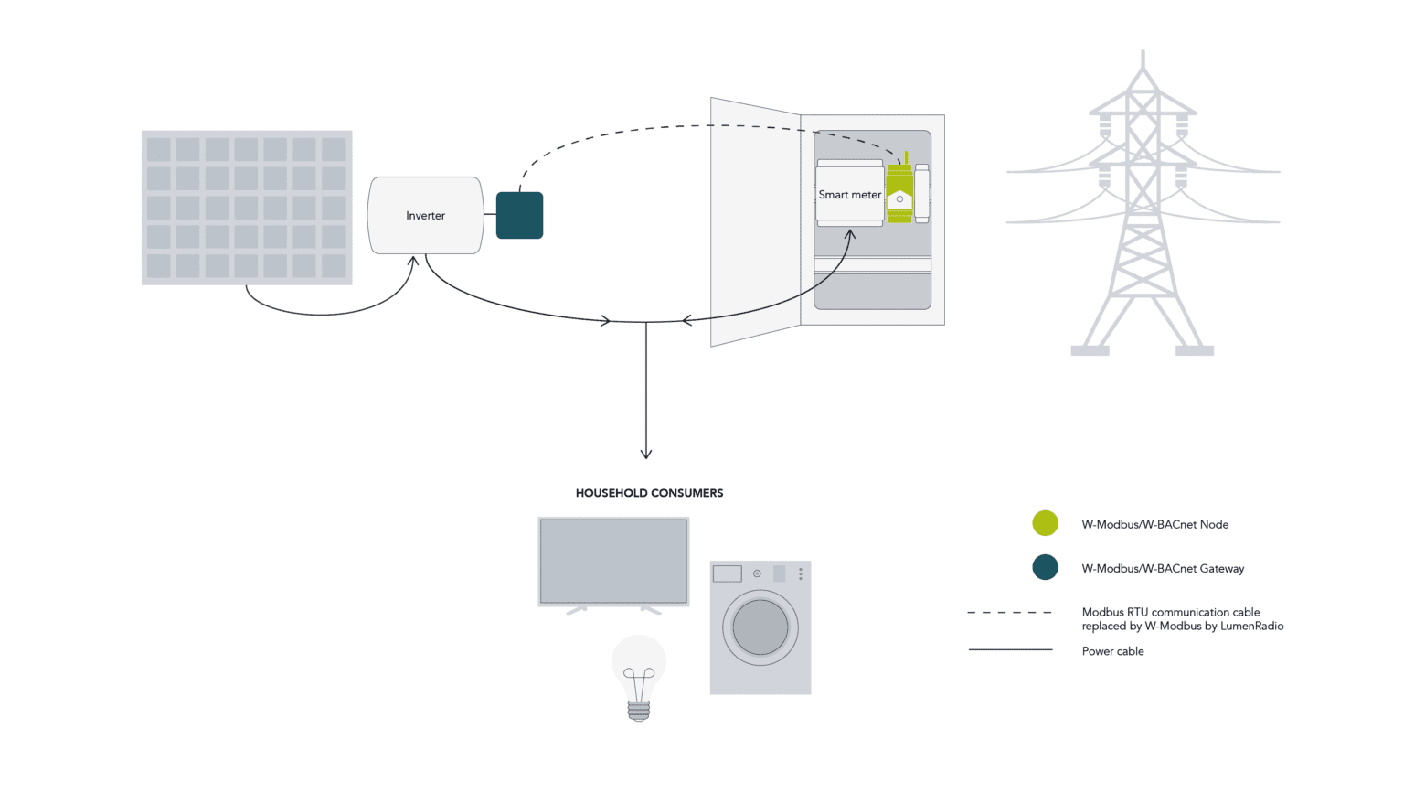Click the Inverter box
[425, 216]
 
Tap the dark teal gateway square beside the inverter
[519, 216]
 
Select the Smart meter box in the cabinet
[849, 194]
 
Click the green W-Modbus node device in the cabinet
[899, 194]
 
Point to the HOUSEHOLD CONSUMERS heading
[649, 493]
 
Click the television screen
[613, 561]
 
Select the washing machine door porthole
[760, 627]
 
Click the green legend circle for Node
[1045, 523]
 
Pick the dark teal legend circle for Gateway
[1045, 567]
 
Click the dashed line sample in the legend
[1009, 613]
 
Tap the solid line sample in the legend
[1009, 650]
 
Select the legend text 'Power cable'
[1112, 651]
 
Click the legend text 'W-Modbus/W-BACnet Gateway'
[1163, 569]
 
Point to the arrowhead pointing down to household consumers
[646, 454]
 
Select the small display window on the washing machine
[727, 573]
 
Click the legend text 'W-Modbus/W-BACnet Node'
[1154, 525]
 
